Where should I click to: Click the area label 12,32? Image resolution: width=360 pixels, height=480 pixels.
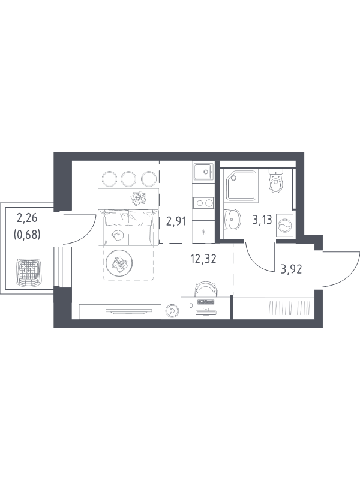pos(203,259)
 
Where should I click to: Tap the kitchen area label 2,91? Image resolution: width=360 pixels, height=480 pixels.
pos(176,221)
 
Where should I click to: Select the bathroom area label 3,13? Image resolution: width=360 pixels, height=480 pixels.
pos(262,220)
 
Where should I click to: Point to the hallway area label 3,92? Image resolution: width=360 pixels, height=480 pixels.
pos(292,269)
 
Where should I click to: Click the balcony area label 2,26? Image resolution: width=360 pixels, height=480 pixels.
pos(27,218)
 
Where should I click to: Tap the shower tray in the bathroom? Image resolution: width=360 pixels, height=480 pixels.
pos(241,185)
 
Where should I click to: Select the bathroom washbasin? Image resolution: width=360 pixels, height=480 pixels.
pos(232,219)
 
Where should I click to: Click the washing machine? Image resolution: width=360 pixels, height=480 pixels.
pos(284,226)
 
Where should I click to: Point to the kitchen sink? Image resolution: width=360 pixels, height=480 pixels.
pos(203,172)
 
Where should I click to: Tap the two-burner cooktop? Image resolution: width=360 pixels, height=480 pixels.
pos(203,203)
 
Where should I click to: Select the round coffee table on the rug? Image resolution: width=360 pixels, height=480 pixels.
pos(119,262)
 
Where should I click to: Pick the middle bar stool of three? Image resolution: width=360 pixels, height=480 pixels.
pos(128,179)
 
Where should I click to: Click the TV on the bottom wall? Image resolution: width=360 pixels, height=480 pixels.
pos(128,311)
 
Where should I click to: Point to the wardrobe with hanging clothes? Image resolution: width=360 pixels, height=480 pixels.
pos(290,308)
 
